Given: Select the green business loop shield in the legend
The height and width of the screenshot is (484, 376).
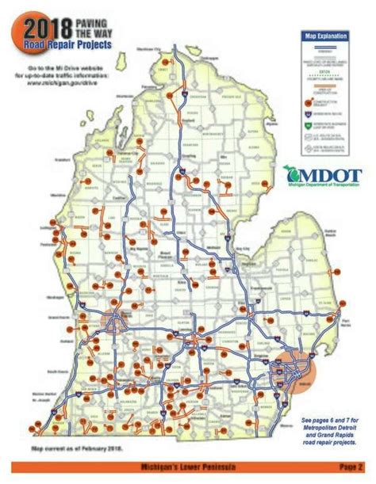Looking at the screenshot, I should coord(307,124).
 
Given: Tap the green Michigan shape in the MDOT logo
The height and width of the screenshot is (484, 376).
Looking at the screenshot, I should coord(289,174).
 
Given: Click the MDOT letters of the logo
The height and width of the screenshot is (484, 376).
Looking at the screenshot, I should coord(328,173).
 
